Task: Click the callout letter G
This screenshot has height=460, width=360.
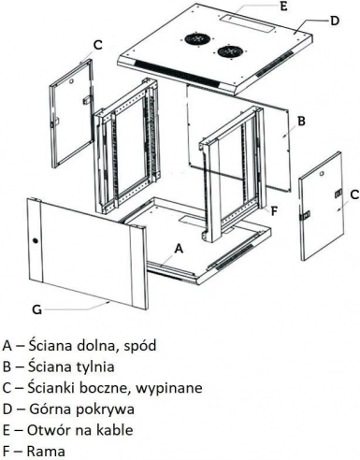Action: coord(36,309)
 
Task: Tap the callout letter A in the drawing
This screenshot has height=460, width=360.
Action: coord(179,249)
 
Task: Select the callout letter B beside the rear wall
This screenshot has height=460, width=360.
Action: coord(301,121)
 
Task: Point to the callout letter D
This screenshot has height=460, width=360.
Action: coord(334,21)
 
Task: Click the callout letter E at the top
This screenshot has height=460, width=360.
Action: coord(283,7)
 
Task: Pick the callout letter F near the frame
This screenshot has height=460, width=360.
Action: coord(274,211)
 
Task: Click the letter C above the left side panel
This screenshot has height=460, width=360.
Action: coord(98,45)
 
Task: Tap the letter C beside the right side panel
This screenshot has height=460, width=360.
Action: coord(354,194)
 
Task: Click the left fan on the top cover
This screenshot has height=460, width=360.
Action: coord(196,38)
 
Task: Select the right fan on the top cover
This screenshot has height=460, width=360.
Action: coord(229,51)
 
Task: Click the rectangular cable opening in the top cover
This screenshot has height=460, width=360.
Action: coord(248,22)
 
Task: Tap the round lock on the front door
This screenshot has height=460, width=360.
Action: coord(35,240)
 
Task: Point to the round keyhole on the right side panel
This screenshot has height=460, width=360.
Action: coord(322,173)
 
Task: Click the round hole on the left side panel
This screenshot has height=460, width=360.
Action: coord(71,81)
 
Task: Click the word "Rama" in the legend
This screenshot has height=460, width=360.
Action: coord(46,451)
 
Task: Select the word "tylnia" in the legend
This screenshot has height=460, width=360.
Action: coord(95,367)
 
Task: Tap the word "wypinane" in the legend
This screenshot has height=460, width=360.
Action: coord(169,388)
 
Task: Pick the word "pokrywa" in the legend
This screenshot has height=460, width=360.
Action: coord(105,410)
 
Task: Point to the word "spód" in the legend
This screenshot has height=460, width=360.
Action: coord(140,346)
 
